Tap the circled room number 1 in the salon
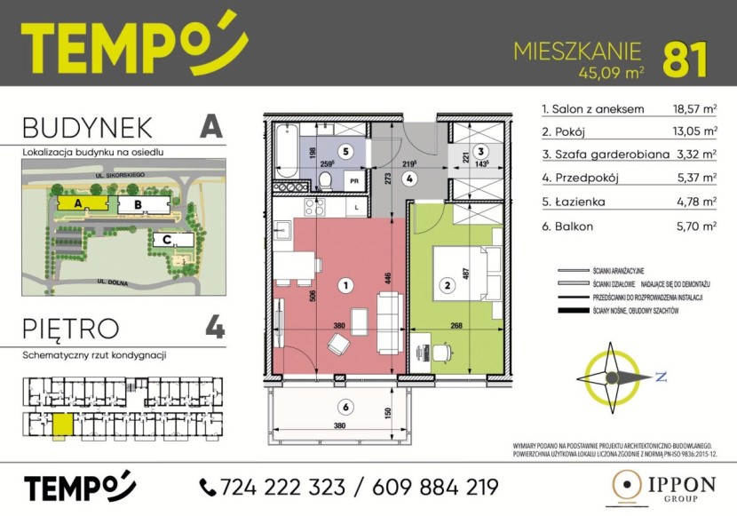346,286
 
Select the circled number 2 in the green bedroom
448,286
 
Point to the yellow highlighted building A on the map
80,203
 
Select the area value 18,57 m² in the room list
694,110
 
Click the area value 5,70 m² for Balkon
696,226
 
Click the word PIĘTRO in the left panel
71,328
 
